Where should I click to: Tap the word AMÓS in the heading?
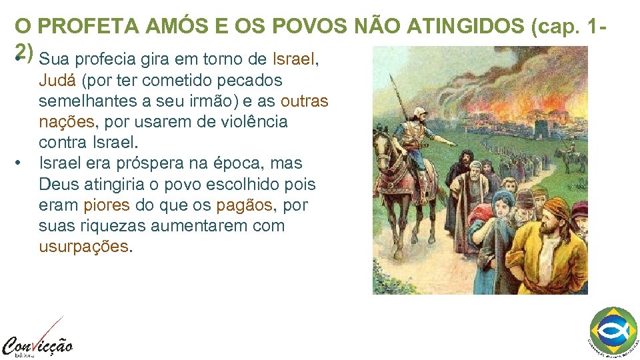[160, 27]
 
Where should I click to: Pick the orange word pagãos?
[245, 205]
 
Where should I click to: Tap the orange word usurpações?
[83, 246]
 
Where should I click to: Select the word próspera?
[150, 163]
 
